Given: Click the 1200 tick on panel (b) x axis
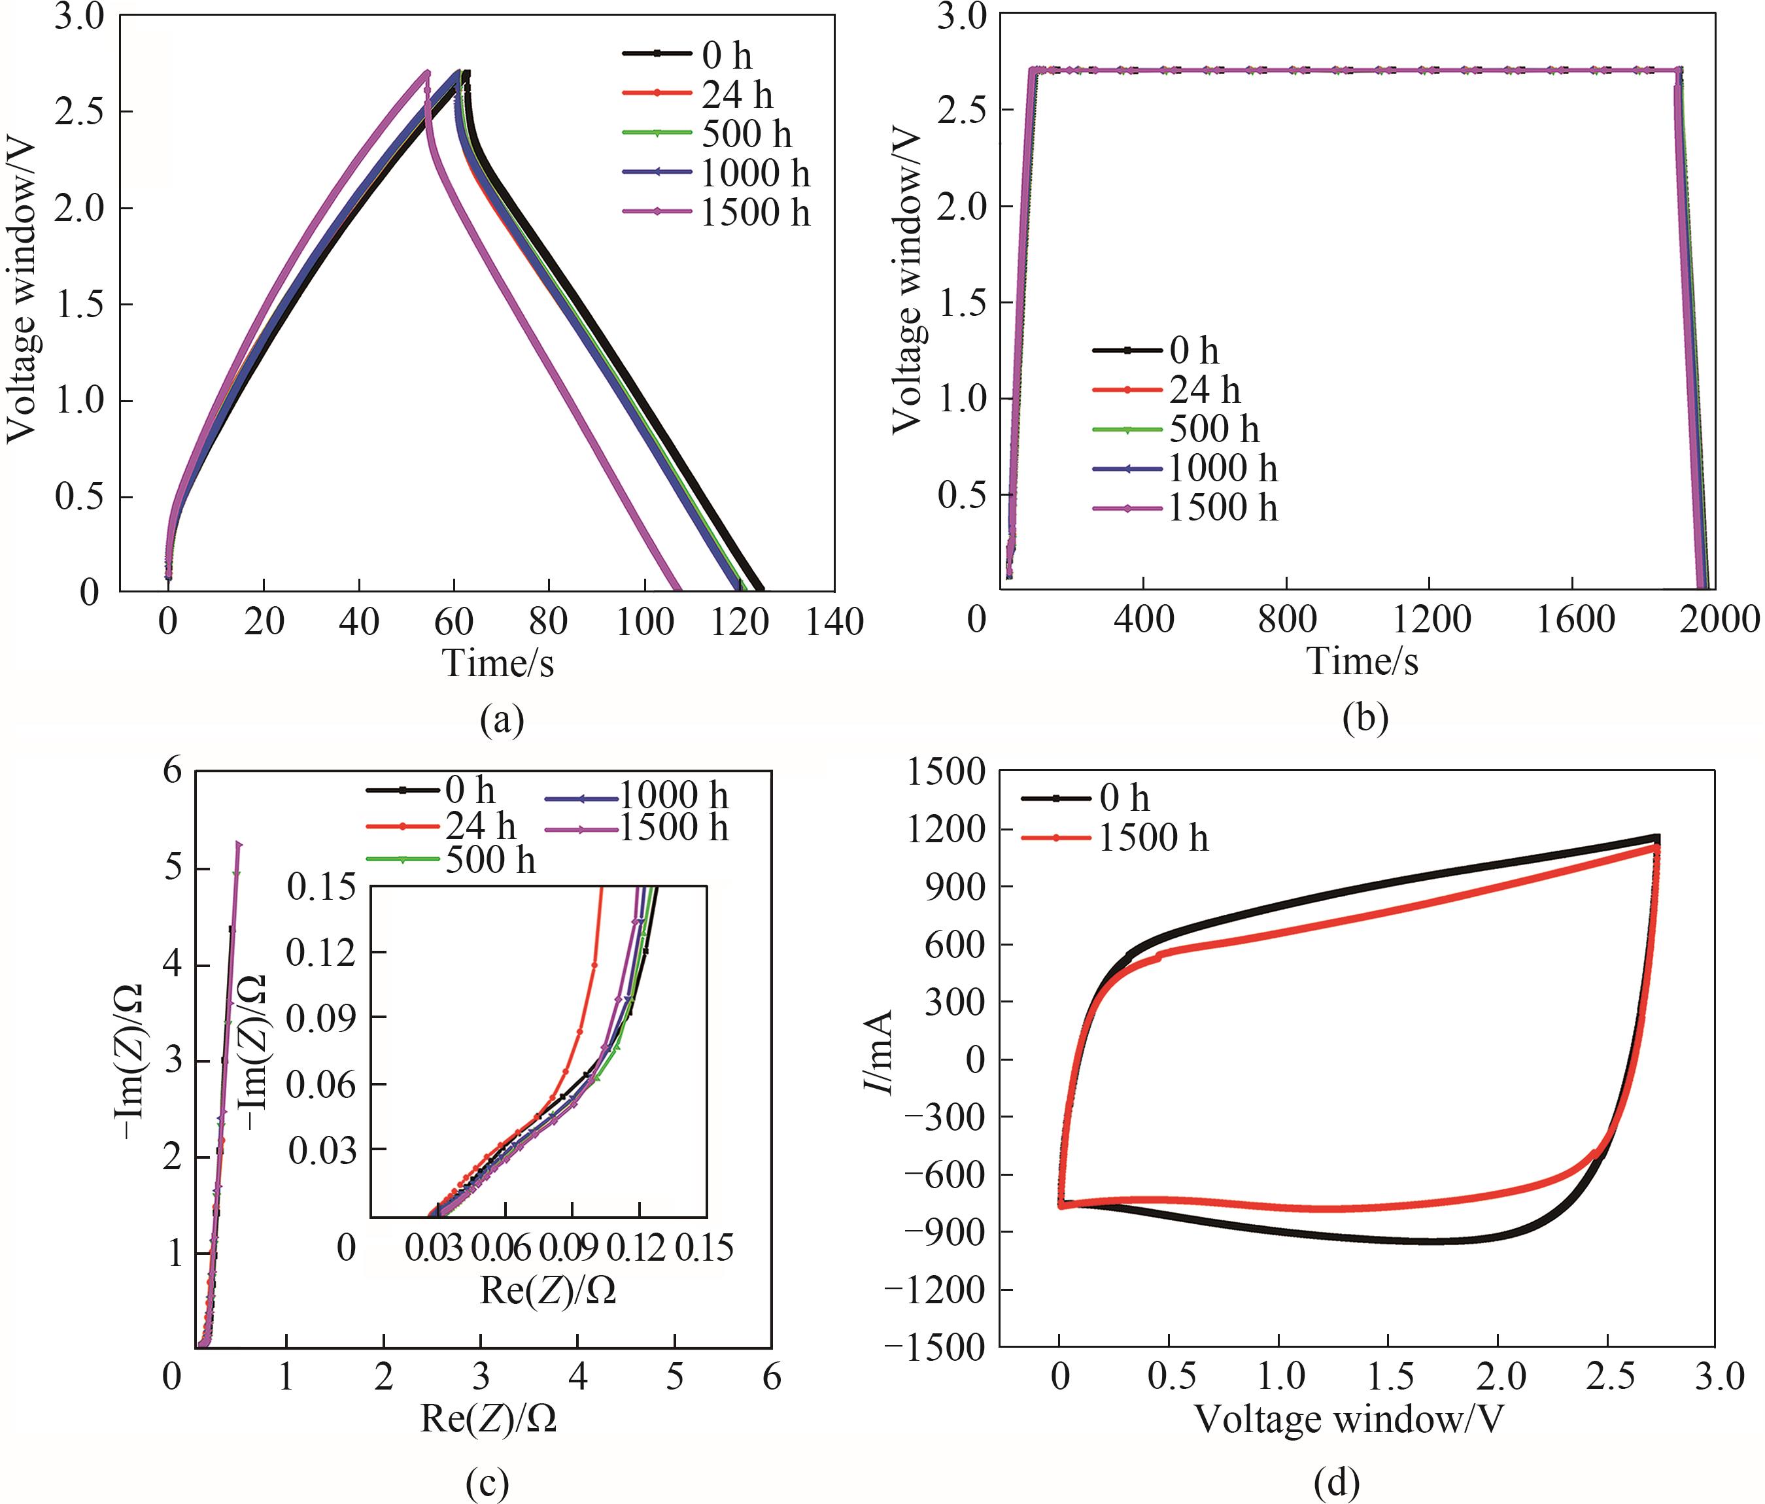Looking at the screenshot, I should [x=1431, y=619].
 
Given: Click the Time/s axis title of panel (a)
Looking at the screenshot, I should [x=498, y=662].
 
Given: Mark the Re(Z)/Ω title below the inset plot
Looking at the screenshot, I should [x=548, y=1291].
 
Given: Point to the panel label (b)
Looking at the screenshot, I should [x=1365, y=718].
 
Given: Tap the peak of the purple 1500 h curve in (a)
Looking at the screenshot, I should [x=427, y=73].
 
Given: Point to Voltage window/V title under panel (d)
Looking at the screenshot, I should [x=1348, y=1419].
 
